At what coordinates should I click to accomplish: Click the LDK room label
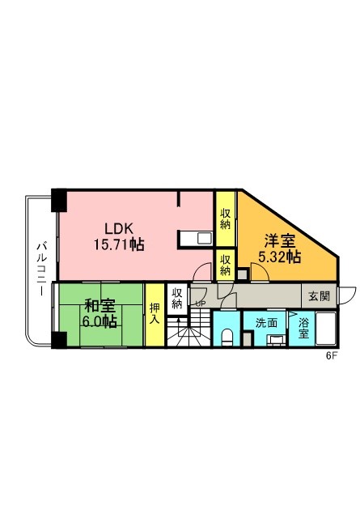(x=119, y=228)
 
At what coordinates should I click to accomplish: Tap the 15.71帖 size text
(x=119, y=244)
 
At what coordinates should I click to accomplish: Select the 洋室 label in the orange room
(x=279, y=241)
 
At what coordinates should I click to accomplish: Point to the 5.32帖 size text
(x=279, y=257)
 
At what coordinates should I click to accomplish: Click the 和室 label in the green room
(x=100, y=306)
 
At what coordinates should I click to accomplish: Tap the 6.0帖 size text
(x=100, y=321)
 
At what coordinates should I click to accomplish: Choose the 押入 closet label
(x=155, y=313)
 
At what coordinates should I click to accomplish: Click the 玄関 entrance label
(x=320, y=296)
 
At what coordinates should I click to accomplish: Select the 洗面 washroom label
(x=266, y=323)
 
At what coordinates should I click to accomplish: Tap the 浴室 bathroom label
(x=303, y=328)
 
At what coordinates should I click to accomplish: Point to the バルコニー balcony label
(x=41, y=269)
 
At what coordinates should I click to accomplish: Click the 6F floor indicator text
(x=332, y=356)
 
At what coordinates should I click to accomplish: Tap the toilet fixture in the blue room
(x=227, y=337)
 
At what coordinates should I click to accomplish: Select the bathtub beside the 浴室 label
(x=326, y=329)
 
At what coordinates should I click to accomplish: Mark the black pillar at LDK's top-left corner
(x=59, y=200)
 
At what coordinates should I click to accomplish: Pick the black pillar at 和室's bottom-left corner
(x=59, y=340)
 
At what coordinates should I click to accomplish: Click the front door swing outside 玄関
(x=348, y=295)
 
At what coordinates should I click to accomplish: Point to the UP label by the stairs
(x=201, y=304)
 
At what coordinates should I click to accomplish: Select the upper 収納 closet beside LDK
(x=225, y=219)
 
